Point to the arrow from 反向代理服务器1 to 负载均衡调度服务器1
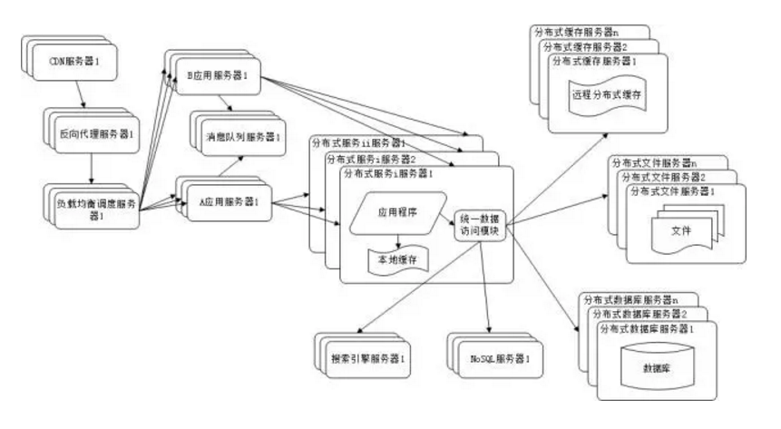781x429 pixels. (91, 168)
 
